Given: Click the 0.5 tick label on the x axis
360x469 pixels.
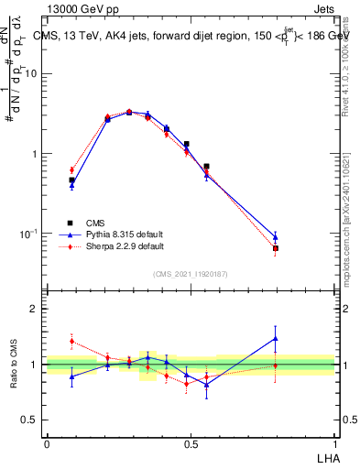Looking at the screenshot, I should pos(191,444).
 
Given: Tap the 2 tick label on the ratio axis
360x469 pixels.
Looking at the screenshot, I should pos(35,309).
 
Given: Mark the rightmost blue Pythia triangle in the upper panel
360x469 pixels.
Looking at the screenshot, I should pos(275,237).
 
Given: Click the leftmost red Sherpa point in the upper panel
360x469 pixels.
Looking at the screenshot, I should pos(71,169).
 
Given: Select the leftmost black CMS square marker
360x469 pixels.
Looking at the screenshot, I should pos(71,180).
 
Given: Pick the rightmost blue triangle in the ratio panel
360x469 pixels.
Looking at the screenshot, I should pos(275,338).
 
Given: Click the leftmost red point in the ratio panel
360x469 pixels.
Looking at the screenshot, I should pos(71,341).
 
